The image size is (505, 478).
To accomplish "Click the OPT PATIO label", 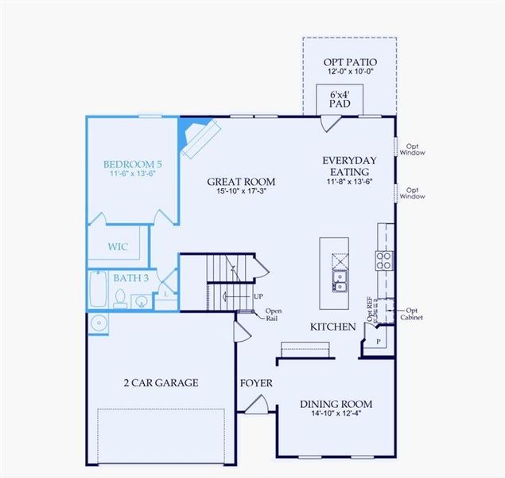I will click(350, 62).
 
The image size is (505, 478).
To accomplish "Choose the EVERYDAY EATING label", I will click(349, 166).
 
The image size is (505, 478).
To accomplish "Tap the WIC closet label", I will click(118, 247).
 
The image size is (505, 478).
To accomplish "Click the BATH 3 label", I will click(130, 278).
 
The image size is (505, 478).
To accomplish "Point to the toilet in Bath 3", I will click(120, 299).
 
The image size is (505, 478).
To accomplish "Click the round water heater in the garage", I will click(99, 323).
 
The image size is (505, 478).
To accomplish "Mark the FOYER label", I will click(256, 383).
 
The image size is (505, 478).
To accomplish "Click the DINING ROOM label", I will click(336, 404).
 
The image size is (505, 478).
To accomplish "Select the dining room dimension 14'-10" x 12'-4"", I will click(336, 414).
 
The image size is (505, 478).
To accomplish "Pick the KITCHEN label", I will click(332, 327).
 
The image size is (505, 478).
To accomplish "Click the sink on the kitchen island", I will click(340, 281).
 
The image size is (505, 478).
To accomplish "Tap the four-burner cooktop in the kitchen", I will click(384, 259).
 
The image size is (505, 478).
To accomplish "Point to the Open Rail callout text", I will click(274, 315).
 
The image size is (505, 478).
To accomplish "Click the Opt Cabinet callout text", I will click(412, 313).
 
